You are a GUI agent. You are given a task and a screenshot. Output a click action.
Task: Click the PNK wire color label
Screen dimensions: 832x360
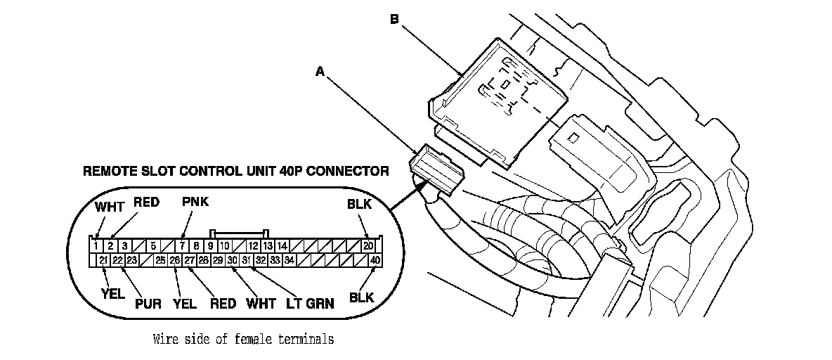[x=195, y=202]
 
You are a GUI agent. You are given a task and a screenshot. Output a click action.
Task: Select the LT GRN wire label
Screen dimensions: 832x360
[x=311, y=304]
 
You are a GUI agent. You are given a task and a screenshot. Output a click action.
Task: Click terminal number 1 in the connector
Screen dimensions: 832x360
[x=96, y=246]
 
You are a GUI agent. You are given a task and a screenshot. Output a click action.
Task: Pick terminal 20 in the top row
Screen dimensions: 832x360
[x=368, y=246]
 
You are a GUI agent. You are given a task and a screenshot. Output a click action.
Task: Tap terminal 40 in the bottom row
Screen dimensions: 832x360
[x=376, y=260]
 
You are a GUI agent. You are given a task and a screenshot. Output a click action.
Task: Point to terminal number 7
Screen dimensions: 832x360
[x=182, y=246]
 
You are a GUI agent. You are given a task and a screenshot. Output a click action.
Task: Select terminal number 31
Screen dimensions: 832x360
[x=247, y=260]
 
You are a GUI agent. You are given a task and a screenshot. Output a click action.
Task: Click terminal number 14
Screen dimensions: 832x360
[x=282, y=246]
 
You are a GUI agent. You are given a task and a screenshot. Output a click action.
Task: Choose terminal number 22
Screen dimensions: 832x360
[x=118, y=260]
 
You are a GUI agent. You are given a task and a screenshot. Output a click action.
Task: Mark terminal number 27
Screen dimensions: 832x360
[x=190, y=260]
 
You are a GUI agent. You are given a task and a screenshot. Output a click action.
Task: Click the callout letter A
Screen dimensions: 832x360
[x=320, y=72]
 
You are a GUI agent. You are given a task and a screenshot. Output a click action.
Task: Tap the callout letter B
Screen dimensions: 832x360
[x=394, y=20]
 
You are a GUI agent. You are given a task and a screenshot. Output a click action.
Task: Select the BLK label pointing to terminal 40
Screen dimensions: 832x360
[x=362, y=297]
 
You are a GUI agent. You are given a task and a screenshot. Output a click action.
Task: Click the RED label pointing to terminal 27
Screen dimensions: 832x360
[x=223, y=304]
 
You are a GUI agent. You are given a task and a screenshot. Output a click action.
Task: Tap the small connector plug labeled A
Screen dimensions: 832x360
[x=436, y=170]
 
